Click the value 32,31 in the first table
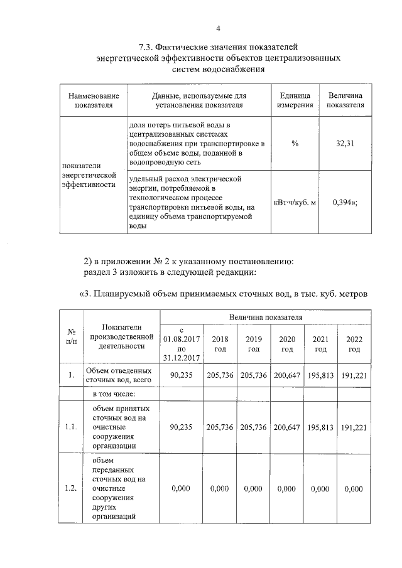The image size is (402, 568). (x=345, y=144)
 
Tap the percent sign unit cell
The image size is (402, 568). (x=295, y=144)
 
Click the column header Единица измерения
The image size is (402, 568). (x=295, y=100)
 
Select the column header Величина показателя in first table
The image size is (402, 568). (x=345, y=100)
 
